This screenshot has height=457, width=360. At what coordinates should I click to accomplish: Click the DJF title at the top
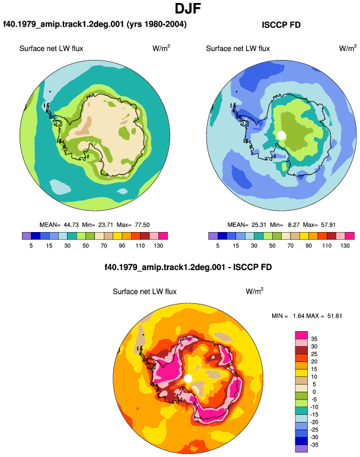coord(188,8)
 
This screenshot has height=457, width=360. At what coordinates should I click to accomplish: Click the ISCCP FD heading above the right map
coord(281,25)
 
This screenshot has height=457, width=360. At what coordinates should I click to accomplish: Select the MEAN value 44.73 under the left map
coord(71,225)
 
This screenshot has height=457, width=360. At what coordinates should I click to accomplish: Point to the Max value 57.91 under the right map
coord(328,225)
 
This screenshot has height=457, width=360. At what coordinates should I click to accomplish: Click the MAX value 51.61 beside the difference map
coord(334,316)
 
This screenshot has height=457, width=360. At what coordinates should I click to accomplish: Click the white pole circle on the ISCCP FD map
coord(281,135)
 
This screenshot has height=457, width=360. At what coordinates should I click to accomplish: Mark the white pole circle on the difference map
coord(188,379)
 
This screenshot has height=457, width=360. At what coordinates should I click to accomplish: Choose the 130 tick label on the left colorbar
coord(158,246)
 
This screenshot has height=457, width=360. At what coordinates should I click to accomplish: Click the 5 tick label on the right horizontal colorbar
coord(218,246)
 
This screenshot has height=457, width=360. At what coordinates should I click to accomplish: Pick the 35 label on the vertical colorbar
coord(314,339)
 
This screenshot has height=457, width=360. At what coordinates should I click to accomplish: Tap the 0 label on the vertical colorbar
coord(314,392)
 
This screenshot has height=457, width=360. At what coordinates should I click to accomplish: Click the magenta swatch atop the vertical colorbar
coord(301,335)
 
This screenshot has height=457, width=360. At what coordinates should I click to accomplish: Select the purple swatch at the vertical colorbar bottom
coord(301,449)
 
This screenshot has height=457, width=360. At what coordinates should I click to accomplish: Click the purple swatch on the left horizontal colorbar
coord(27,236)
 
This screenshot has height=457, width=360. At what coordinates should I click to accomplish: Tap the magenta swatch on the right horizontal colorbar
coord(350,236)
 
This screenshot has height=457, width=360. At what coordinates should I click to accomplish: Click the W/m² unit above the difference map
coord(254,291)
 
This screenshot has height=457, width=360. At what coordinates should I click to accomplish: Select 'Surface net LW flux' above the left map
coord(51,49)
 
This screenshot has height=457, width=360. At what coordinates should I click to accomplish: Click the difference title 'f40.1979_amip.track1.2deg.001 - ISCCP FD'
coord(188,267)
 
